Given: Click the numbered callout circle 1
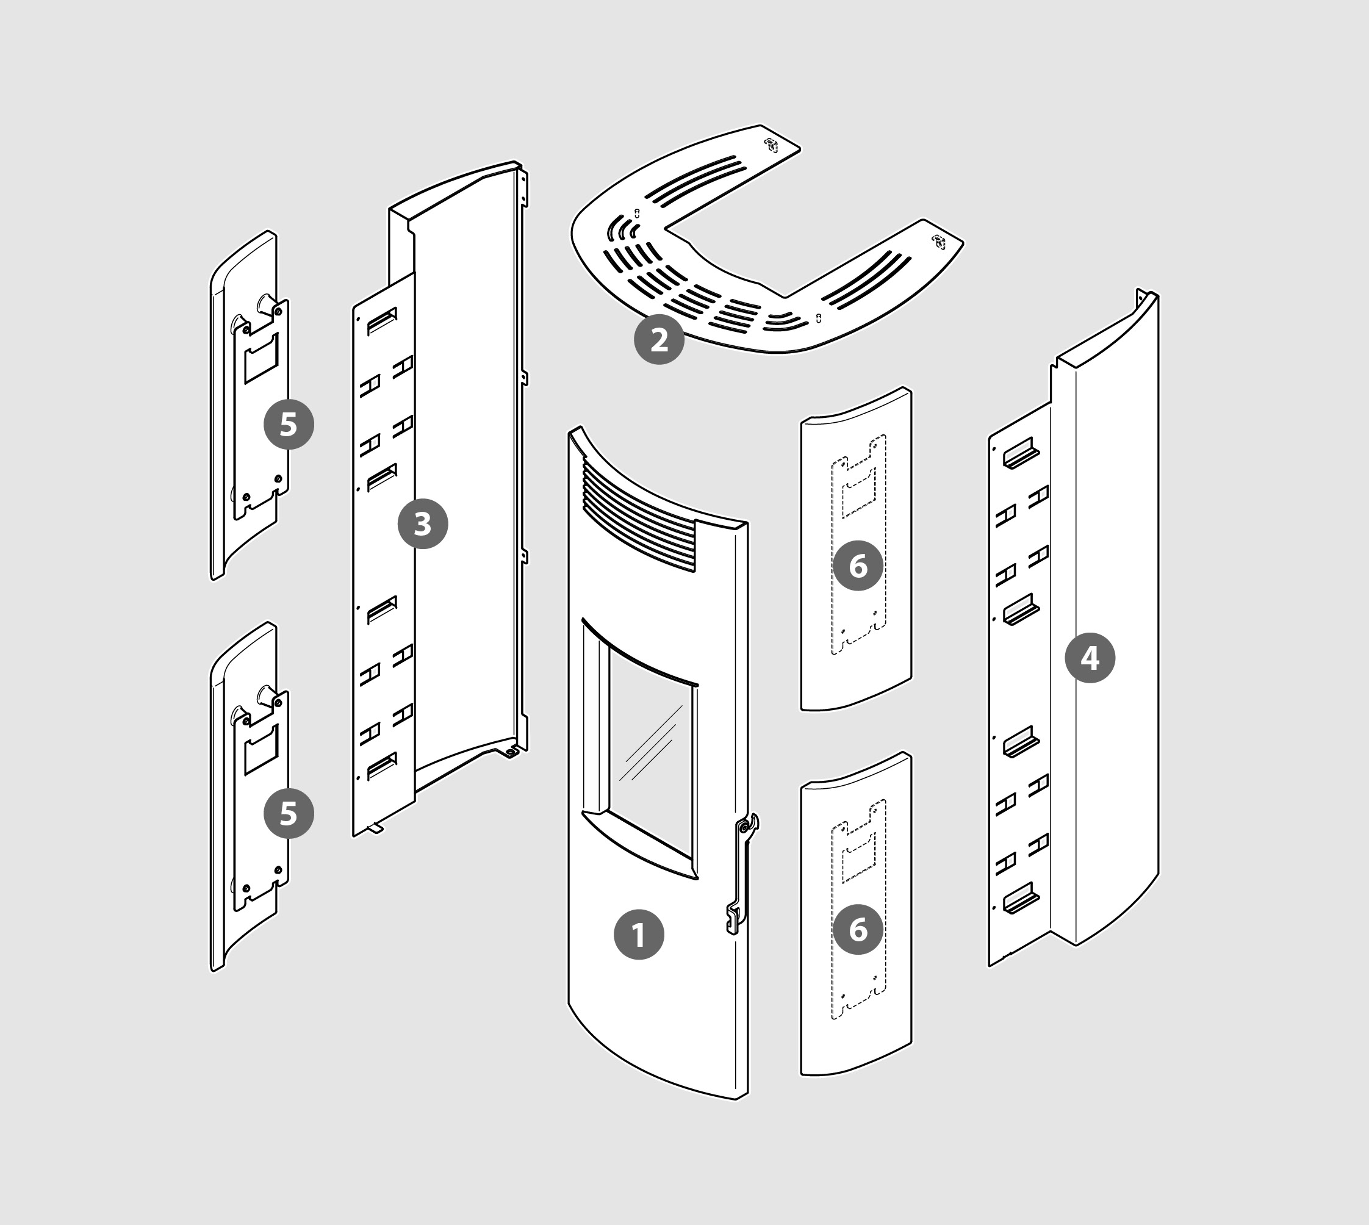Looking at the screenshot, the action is [x=639, y=934].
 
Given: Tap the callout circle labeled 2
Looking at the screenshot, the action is [x=659, y=339].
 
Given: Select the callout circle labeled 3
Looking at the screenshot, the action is [x=423, y=523].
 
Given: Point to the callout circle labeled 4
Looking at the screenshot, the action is [x=1090, y=658].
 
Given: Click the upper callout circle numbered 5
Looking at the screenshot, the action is [x=289, y=424].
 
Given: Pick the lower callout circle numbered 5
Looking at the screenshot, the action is [x=289, y=813].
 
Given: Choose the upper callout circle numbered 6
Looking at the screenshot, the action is [x=858, y=566].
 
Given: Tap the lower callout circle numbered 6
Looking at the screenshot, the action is [x=858, y=929].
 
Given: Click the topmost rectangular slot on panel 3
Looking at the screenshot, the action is [x=382, y=320].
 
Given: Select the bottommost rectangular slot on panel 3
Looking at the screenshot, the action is [x=382, y=766].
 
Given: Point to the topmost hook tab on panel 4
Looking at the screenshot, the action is [x=1021, y=454].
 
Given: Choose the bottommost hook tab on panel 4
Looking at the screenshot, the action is [x=1021, y=899].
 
